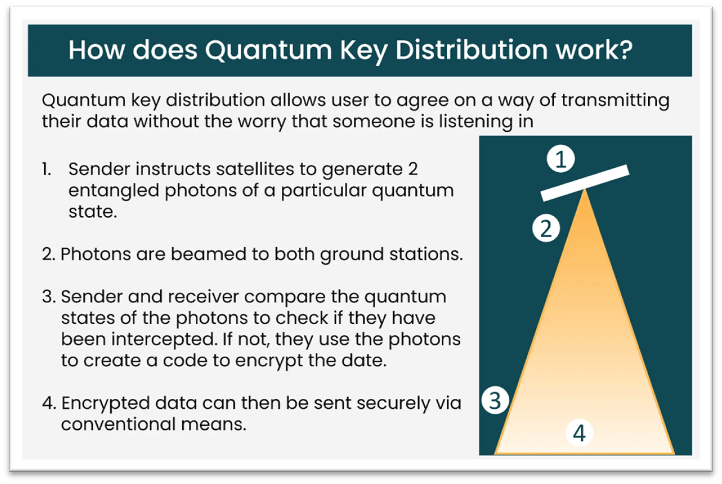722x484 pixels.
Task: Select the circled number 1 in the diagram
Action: click(x=561, y=160)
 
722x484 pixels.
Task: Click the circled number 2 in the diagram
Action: click(x=546, y=229)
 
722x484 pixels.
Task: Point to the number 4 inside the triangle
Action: click(x=579, y=433)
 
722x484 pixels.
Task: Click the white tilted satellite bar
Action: click(x=585, y=182)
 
